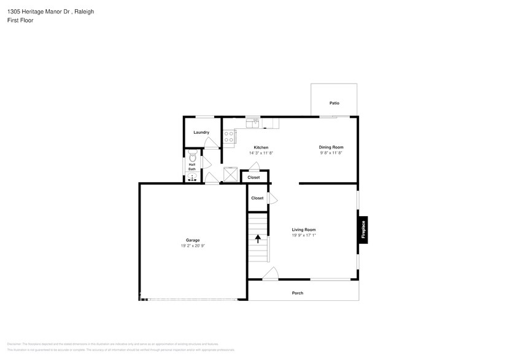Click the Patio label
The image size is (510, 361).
[x=334, y=103]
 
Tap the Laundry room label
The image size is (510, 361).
[x=201, y=133]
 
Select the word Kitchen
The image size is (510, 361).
[x=261, y=147]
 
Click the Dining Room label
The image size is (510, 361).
[x=331, y=147]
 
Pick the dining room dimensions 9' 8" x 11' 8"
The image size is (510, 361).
[x=331, y=153]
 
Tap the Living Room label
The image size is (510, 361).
[x=303, y=230]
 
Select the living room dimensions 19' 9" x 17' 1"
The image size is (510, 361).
[x=303, y=235]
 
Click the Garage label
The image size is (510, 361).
[x=193, y=240]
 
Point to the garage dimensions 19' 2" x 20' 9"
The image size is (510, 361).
[x=193, y=246]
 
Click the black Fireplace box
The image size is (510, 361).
[x=363, y=230]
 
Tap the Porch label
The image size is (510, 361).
[x=297, y=293]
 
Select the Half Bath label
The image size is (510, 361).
[x=192, y=166]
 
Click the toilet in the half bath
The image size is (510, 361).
[x=192, y=157]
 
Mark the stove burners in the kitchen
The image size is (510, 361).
[x=228, y=136]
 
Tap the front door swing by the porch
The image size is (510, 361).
[x=271, y=274]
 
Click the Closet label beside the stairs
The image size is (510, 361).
[x=257, y=198]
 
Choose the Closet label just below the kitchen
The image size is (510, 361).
[x=253, y=177]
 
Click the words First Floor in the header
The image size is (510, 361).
[x=20, y=20]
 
